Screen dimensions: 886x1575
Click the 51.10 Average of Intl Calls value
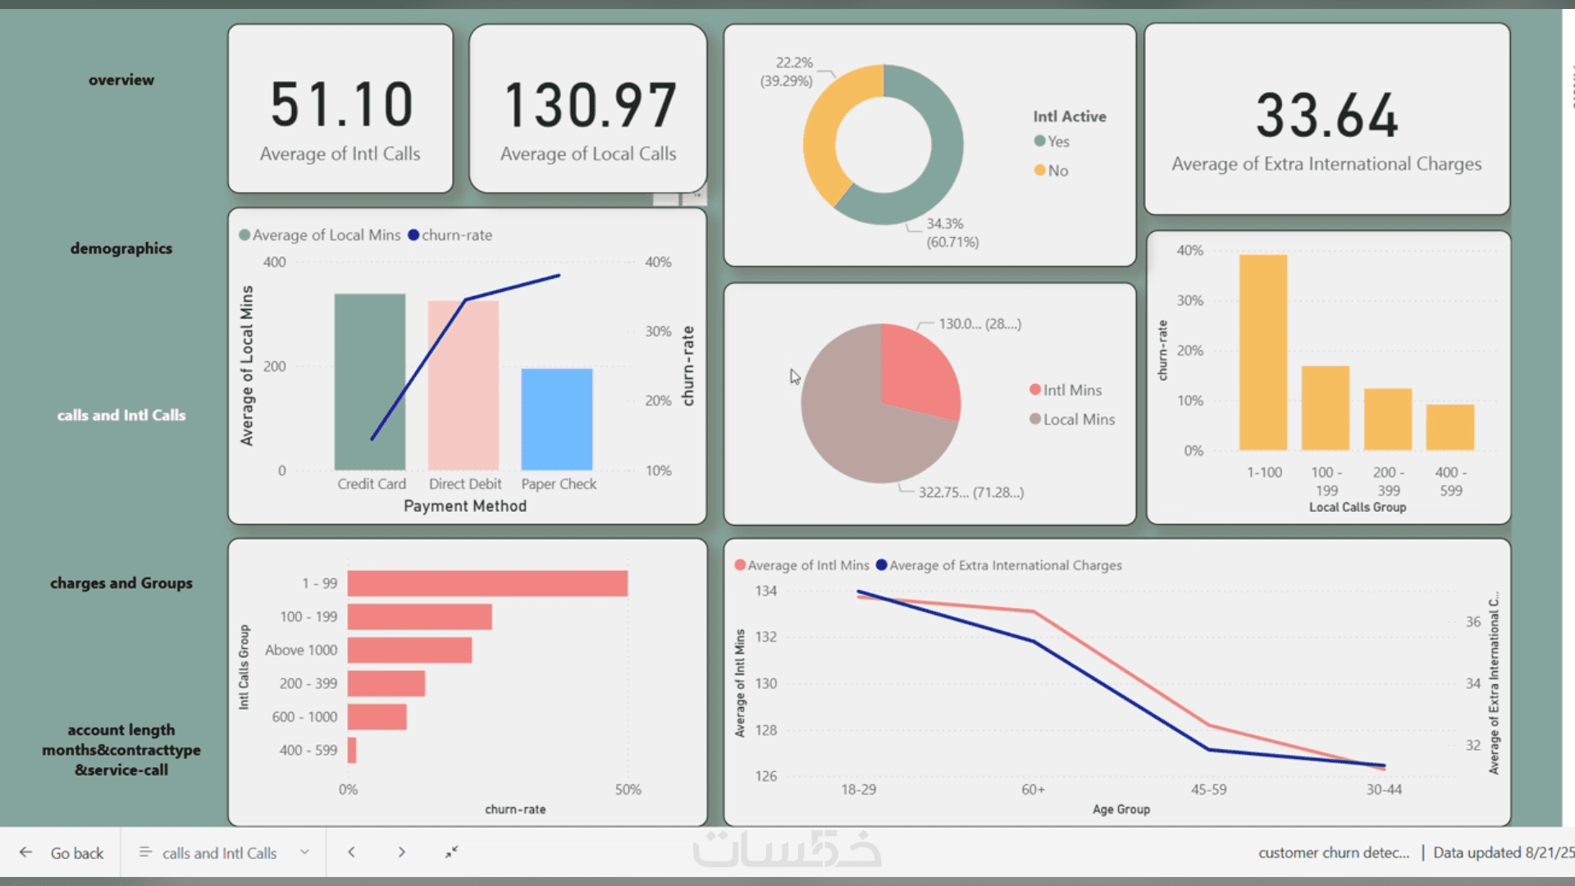341,105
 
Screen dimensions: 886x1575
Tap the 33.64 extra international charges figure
1326,116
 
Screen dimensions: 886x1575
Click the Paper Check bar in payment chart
557,419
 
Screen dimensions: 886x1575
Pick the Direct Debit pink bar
463,386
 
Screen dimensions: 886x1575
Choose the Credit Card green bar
370,381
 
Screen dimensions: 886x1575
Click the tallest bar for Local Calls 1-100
1263,353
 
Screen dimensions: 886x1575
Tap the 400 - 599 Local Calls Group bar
1450,427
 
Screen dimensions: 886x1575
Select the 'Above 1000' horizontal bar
409,650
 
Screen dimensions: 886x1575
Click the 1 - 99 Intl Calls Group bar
487,583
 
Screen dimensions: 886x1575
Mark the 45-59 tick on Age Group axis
1209,789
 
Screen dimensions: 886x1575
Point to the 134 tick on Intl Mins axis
766,591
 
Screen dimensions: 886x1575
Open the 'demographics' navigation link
121,249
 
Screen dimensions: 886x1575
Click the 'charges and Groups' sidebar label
121,583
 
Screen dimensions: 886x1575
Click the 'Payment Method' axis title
465,506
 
